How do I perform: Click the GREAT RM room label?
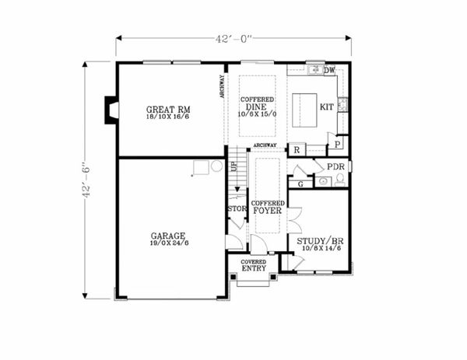(x=168, y=110)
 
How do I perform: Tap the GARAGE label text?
(x=168, y=235)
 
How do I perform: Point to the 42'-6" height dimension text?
(x=86, y=180)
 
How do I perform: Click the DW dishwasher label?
(x=329, y=71)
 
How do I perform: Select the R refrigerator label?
(x=297, y=150)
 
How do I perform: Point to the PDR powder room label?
(x=335, y=167)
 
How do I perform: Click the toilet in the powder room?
(x=340, y=180)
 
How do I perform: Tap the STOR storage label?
(x=237, y=208)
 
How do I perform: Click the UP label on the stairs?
(x=233, y=166)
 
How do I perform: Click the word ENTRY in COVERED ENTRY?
(x=252, y=269)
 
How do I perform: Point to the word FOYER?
(x=267, y=210)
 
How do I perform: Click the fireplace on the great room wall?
(x=111, y=110)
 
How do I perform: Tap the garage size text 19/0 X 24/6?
(x=168, y=243)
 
